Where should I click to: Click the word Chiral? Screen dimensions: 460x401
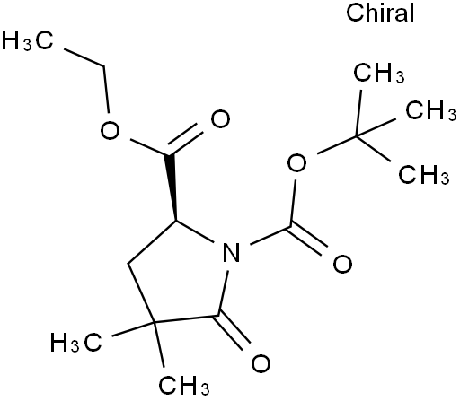380,13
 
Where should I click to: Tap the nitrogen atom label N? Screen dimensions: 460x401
232,253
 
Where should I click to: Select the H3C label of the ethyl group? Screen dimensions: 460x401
28,40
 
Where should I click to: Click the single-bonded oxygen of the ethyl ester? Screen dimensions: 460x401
110,131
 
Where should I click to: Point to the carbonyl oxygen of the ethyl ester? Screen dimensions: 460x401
220,118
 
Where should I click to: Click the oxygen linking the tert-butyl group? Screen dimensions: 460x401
296,163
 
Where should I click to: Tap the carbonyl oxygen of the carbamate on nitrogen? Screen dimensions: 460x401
342,264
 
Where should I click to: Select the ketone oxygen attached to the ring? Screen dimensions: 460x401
261,363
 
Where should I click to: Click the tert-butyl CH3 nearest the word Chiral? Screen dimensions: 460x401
379,73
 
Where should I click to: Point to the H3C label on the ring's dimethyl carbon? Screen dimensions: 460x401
76,342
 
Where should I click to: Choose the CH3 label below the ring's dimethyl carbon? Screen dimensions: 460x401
184,386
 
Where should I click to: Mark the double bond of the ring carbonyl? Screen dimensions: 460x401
233,332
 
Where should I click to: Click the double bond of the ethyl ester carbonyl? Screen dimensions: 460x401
185,139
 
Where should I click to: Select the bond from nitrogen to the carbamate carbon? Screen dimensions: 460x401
270,235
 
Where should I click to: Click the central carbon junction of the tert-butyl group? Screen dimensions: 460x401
357,136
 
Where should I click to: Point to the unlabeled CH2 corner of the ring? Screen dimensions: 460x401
128,264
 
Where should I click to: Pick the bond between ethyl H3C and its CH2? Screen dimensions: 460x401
84,57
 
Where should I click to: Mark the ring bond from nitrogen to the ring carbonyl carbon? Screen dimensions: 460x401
224,293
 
